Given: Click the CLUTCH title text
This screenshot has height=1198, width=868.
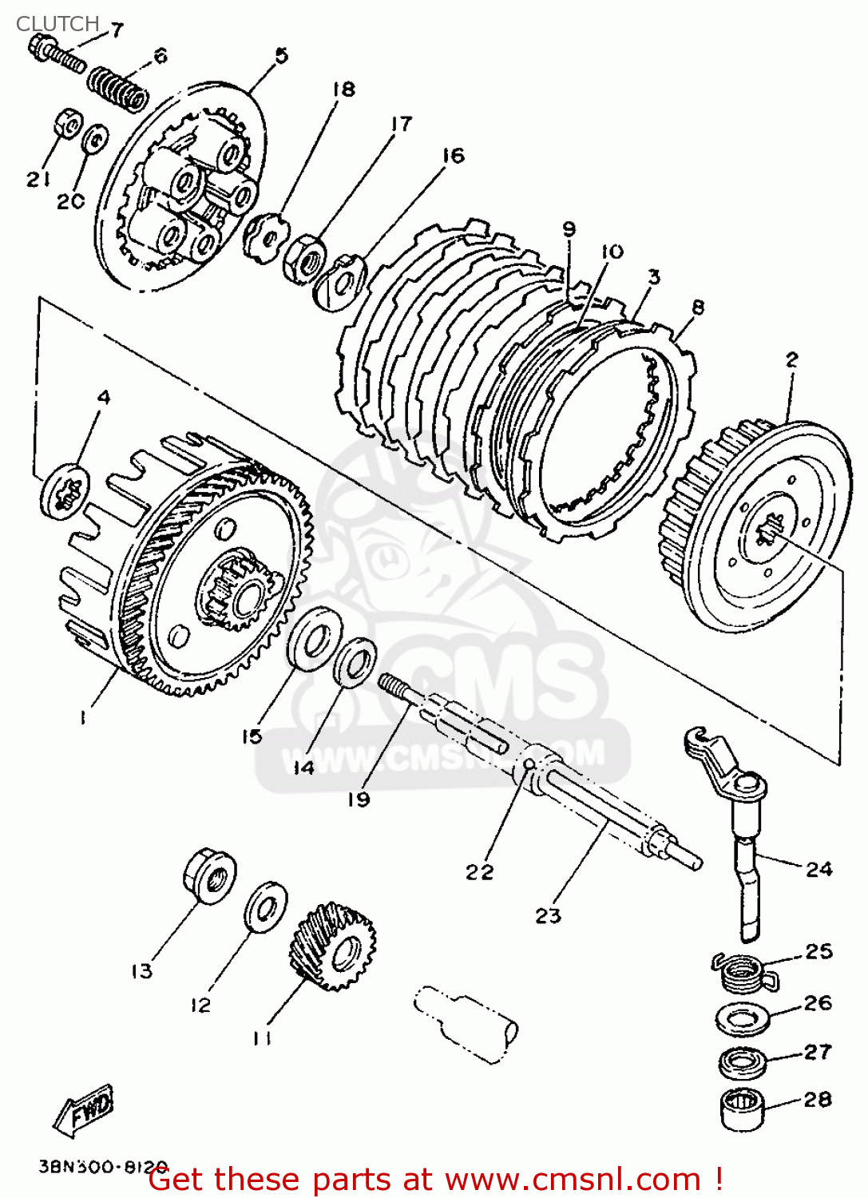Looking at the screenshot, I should point(57,23).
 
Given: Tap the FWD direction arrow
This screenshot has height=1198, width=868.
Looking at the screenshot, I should point(85,1110).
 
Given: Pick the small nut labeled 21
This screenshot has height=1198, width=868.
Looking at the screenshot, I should point(69,124).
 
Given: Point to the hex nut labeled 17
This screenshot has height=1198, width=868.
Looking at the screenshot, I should point(304,257).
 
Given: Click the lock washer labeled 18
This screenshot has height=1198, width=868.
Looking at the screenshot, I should point(264,235).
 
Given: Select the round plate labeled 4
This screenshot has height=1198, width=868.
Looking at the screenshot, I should point(65,490).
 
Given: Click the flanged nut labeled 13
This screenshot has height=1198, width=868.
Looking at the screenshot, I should point(209,876).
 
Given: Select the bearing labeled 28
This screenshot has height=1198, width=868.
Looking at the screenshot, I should point(742,1109).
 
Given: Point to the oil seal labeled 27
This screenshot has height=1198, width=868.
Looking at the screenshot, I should point(743,1061).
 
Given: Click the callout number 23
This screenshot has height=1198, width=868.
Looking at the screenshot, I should point(548,915).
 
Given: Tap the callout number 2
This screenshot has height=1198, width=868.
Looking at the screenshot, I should point(791,359).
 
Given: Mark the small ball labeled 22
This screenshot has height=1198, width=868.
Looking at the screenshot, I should point(529,767).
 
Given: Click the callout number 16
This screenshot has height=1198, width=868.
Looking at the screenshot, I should point(453,155).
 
